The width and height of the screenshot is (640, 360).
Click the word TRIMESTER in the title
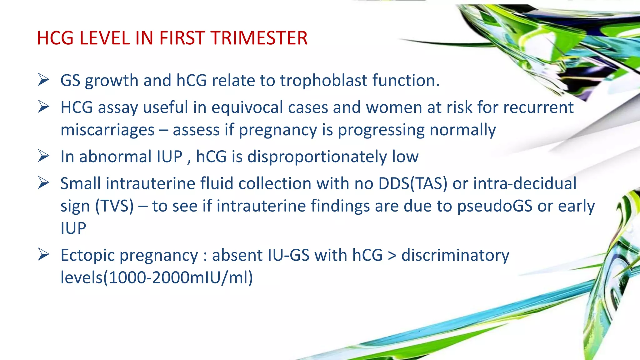(259, 38)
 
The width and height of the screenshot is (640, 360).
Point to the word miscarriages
(107, 130)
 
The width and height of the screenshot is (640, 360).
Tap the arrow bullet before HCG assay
(43, 107)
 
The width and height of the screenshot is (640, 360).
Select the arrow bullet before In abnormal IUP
(43, 156)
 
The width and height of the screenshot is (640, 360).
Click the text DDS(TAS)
(413, 184)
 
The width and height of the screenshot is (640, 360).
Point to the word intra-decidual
(525, 184)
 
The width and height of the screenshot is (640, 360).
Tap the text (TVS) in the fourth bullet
(114, 206)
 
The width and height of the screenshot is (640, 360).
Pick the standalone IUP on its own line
(73, 228)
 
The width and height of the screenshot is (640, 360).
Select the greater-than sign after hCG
(392, 256)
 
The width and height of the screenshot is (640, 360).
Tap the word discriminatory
(455, 256)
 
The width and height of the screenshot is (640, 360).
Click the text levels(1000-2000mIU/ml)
(157, 278)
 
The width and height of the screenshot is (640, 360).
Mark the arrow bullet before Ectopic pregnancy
(43, 254)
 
